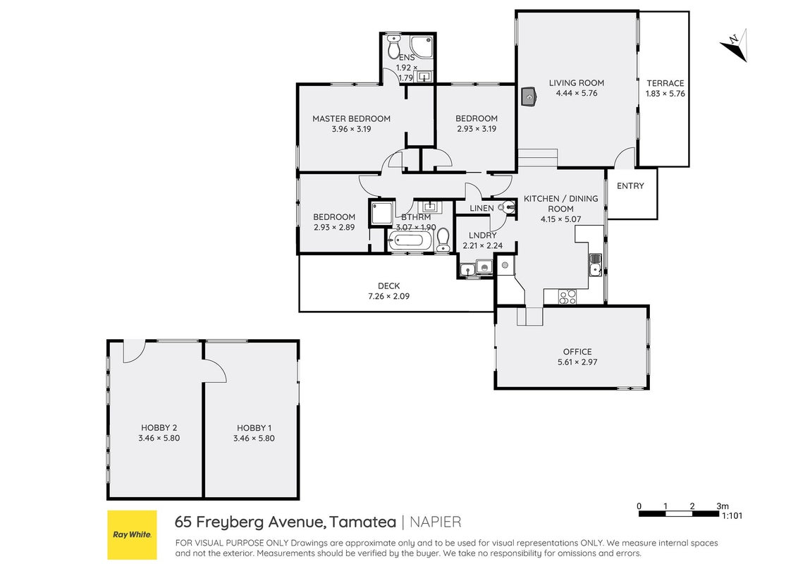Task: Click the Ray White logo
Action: click(133, 535)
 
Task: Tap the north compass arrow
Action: click(735, 45)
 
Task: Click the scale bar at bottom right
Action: click(679, 514)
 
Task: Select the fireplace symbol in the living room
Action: click(529, 96)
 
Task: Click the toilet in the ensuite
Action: click(393, 47)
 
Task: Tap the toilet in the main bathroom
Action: click(443, 239)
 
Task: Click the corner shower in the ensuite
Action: click(422, 46)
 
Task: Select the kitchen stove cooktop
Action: click(567, 296)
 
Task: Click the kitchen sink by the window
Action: click(596, 264)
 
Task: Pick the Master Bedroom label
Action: click(351, 118)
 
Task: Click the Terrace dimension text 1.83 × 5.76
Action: click(665, 94)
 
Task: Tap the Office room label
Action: click(577, 352)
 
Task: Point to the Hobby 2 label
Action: click(159, 428)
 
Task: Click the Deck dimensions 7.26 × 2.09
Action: click(389, 296)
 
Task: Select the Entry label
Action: click(630, 186)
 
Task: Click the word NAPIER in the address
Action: click(436, 522)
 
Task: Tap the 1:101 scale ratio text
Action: click(732, 515)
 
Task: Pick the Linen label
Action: click(481, 208)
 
